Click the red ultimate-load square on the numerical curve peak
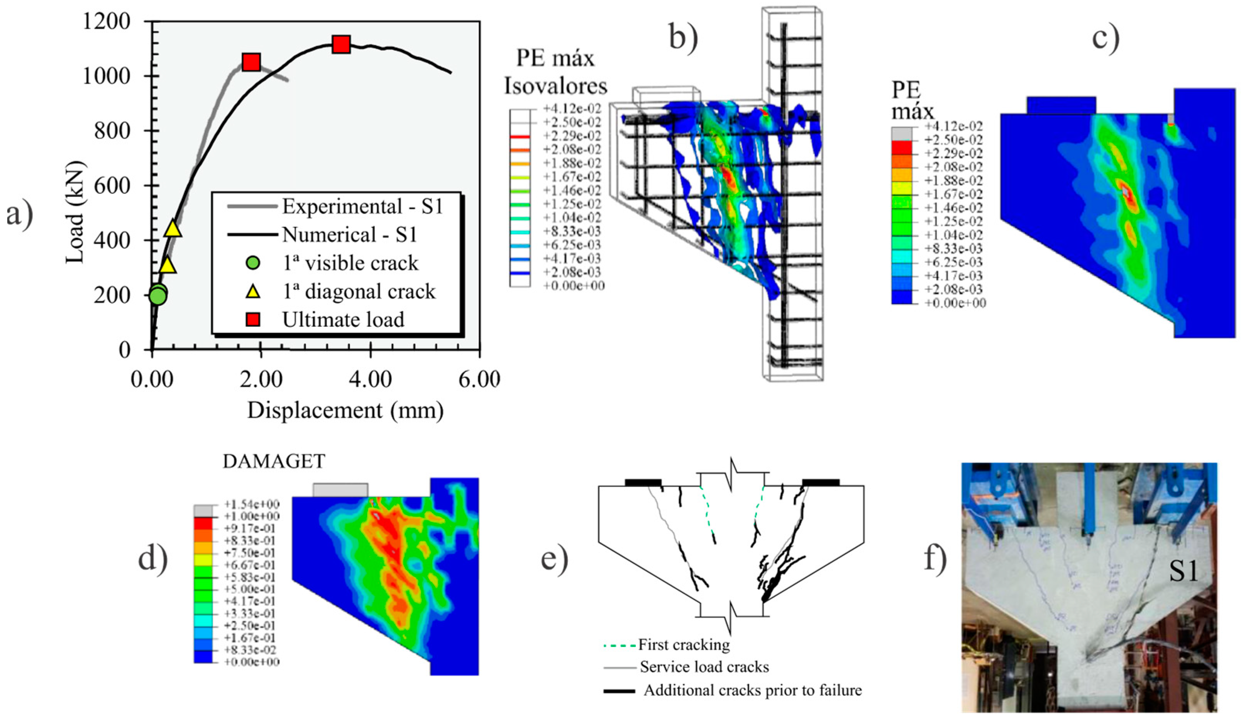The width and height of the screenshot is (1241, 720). click(x=341, y=44)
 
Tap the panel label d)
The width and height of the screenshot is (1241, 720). click(x=152, y=559)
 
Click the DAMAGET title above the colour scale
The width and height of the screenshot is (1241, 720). click(x=274, y=461)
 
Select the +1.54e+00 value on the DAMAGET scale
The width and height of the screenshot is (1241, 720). click(x=252, y=504)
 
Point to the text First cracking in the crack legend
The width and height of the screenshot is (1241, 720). click(x=684, y=645)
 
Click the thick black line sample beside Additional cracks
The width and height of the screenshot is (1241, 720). click(x=619, y=691)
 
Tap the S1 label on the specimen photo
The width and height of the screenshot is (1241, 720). click(x=1183, y=573)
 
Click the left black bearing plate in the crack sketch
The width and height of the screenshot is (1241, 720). click(x=643, y=482)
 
